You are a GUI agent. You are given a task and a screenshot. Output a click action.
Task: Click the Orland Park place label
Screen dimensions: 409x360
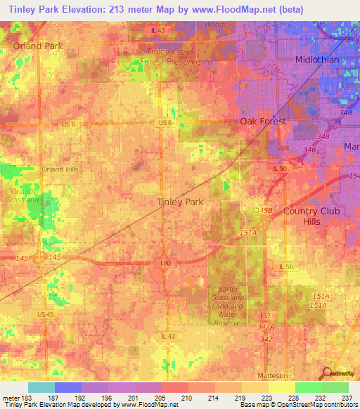[37, 46]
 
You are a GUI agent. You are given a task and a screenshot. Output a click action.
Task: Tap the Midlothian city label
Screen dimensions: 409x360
[316, 60]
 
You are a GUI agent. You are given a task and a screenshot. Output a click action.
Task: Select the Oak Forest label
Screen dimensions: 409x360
[264, 121]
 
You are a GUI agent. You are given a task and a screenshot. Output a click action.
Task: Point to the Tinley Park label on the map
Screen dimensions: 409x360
[179, 202]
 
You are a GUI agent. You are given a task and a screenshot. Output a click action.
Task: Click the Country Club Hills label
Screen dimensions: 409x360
[311, 216]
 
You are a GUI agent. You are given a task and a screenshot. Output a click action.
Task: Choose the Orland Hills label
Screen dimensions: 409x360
[60, 169]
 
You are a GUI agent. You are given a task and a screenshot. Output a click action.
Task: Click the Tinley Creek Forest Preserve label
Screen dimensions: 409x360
[173, 56]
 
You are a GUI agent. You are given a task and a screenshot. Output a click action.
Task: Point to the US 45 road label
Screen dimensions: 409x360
[46, 313]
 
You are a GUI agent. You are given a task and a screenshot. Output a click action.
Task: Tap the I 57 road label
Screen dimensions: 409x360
[264, 316]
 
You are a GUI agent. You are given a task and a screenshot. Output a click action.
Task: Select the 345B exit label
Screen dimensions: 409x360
[263, 210]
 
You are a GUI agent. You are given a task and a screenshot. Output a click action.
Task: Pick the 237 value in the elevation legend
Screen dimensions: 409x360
[347, 398]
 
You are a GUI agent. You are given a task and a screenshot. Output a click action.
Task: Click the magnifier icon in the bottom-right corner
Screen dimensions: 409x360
[326, 374]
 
